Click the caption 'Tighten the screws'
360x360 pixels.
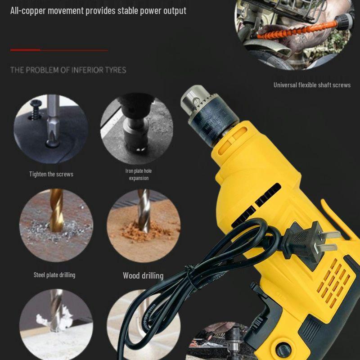(51, 174)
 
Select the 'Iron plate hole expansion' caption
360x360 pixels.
(139, 175)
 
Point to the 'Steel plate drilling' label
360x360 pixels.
(54, 275)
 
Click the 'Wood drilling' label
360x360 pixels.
(143, 275)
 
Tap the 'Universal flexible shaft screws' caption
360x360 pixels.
(312, 85)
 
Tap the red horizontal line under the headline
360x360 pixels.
(58, 50)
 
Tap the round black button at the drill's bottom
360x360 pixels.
(283, 349)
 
